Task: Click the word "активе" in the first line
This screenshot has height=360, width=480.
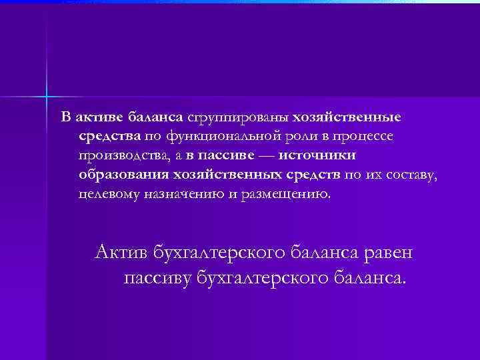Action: tap(96, 118)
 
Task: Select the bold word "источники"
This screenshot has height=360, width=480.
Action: tap(316, 156)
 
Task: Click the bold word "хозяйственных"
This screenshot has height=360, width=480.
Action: tap(232, 175)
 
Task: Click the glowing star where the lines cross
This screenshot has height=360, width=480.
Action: tap(48, 97)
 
